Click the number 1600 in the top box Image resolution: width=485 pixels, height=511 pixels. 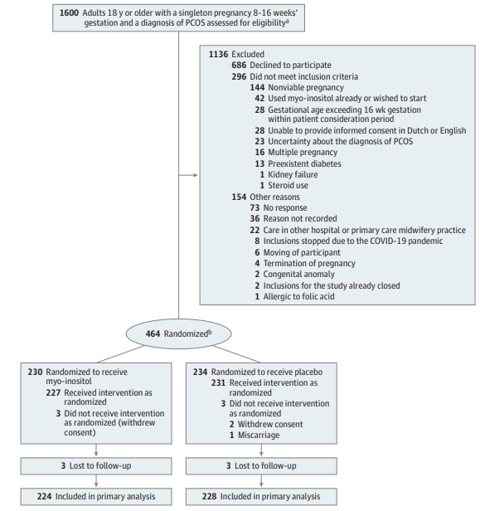pyautogui.click(x=69, y=13)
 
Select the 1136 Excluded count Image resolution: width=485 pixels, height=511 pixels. pyautogui.click(x=236, y=54)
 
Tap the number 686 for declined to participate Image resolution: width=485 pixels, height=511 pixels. pyautogui.click(x=239, y=66)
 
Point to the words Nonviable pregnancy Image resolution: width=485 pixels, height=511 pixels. pyautogui.click(x=306, y=87)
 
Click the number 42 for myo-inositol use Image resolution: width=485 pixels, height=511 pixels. pyautogui.click(x=259, y=98)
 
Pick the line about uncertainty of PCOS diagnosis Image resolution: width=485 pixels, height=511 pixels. pyautogui.click(x=334, y=141)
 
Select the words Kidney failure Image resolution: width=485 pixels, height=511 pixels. pyautogui.click(x=293, y=174)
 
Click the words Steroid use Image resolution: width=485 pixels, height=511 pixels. pyautogui.click(x=288, y=186)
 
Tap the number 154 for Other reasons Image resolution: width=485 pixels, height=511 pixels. pyautogui.click(x=239, y=197)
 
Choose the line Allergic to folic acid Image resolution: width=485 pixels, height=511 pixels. pyautogui.click(x=295, y=297)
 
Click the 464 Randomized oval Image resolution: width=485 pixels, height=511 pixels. pyautogui.click(x=178, y=333)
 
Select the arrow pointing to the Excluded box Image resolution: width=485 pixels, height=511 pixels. pyautogui.click(x=188, y=175)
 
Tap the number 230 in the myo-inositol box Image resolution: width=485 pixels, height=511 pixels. pyautogui.click(x=35, y=372)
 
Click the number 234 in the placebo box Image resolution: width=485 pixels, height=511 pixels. pyautogui.click(x=200, y=372)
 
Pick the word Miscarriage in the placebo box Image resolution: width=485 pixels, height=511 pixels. pyautogui.click(x=259, y=435)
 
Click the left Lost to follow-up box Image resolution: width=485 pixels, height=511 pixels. pyautogui.click(x=96, y=465)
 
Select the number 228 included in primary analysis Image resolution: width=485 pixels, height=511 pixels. pyautogui.click(x=209, y=496)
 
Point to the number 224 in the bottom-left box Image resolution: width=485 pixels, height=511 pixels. pyautogui.click(x=44, y=496)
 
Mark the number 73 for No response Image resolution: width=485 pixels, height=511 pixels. pyautogui.click(x=255, y=207)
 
